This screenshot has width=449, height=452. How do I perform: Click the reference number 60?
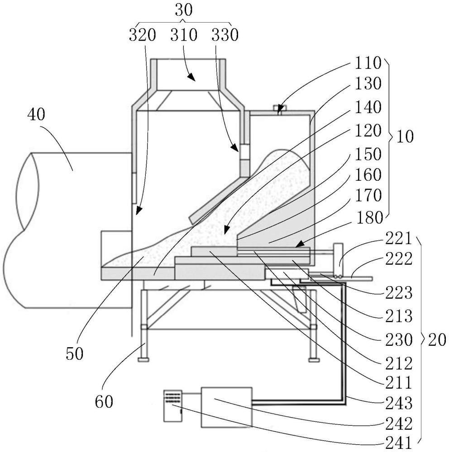click(x=105, y=400)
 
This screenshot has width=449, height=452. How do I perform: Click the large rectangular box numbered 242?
click(x=226, y=407)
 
